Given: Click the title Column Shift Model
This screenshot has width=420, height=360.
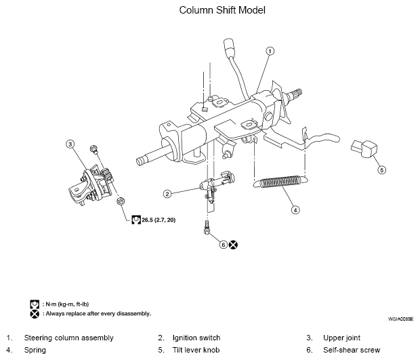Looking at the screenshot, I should click(x=212, y=11).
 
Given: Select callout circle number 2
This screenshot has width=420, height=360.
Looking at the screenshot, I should click(x=167, y=193).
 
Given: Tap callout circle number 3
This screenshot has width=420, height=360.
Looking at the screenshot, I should click(x=69, y=143).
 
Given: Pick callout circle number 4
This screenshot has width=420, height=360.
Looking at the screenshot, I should click(x=295, y=209).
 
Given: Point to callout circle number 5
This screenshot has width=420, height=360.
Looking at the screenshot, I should click(x=381, y=169).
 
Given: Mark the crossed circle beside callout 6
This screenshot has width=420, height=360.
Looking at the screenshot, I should click(x=232, y=244).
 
